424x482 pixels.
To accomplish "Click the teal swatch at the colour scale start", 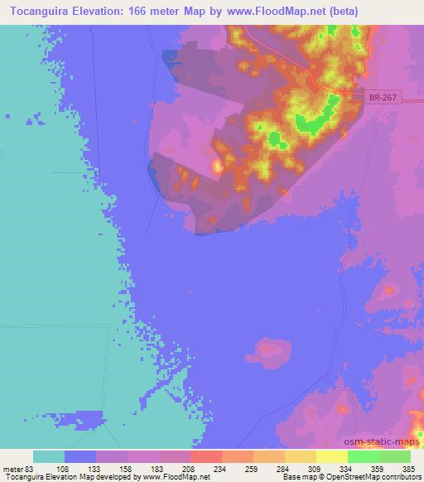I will tap(49, 456).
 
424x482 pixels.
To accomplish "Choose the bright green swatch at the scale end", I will tap(394, 456).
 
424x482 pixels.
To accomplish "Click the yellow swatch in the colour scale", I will tap(331, 456).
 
